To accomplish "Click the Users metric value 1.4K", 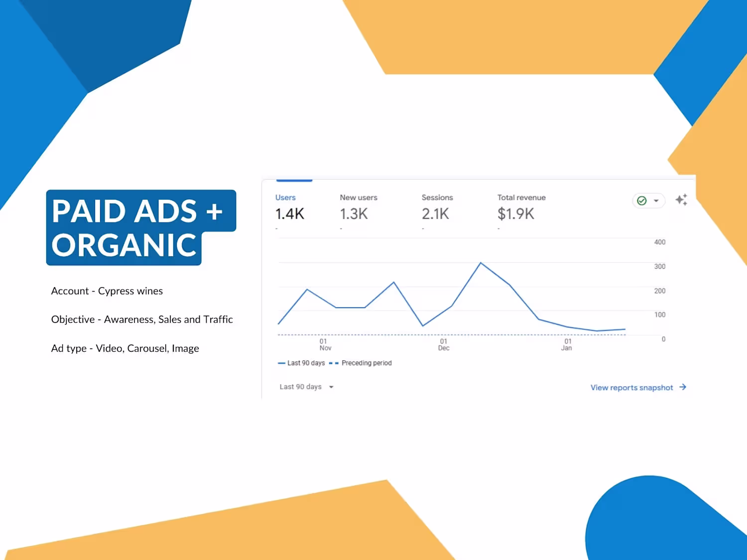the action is coord(290,214).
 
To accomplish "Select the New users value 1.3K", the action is coord(354,214).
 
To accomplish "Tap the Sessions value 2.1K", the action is coord(436,214).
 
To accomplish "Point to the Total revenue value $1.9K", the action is coord(516,214).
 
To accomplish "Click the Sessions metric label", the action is coord(437,198).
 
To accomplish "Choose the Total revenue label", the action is coord(521,198).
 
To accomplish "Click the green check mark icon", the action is coord(642,201).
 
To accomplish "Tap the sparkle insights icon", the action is coord(681,200).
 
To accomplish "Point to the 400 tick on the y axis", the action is coord(659,242).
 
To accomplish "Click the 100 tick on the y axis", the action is coord(659,315).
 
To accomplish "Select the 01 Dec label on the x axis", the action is coord(443,344).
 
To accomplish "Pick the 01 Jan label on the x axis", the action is coord(567,344).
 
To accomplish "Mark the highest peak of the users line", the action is coord(481,263).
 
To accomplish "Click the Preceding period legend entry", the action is coord(361,363).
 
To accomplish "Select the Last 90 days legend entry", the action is coord(301,363).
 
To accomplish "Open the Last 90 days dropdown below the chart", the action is coord(306,387).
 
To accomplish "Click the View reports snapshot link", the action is coord(638,388).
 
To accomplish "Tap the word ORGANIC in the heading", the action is coord(124,245).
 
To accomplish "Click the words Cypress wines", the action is coord(130,291).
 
